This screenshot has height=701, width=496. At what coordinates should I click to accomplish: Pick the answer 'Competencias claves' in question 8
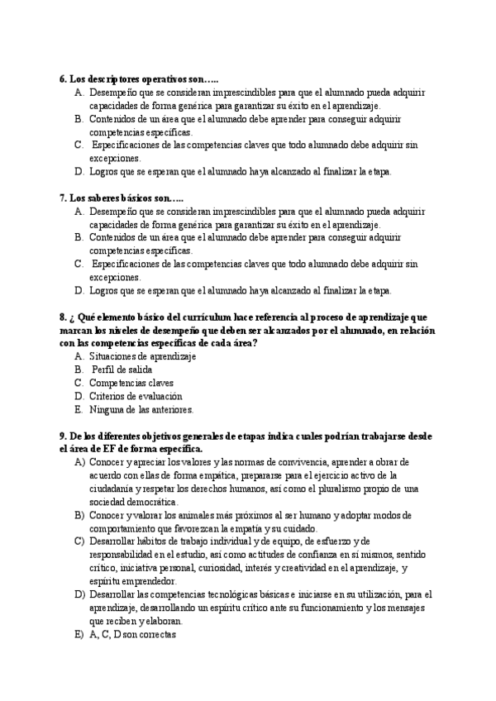[x=131, y=383]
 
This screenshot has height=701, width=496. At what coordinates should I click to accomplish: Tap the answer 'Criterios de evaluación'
[x=136, y=396]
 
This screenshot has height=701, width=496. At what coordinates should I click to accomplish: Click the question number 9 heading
[x=63, y=436]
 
